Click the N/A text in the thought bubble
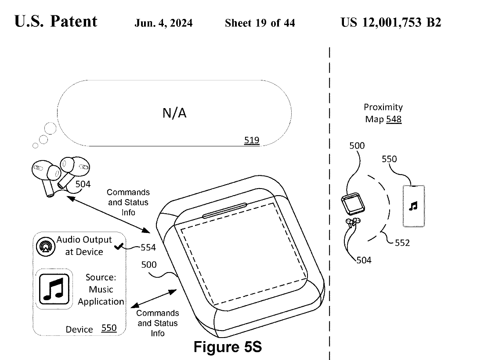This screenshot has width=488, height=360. pos(174,113)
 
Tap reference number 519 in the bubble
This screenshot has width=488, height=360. pos(252,141)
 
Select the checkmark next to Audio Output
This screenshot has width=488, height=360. pos(118,247)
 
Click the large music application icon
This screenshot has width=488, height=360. pos(54,289)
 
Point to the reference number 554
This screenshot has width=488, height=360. pos(148,247)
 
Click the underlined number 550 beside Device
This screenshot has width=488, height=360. pos(109,328)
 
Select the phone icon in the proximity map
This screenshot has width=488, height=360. pos(413,206)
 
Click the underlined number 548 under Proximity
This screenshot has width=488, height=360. pos(394,119)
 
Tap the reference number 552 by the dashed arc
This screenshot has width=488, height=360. pos(402,242)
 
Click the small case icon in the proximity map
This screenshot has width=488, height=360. pos(353,204)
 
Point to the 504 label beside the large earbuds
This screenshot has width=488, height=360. pos(83,184)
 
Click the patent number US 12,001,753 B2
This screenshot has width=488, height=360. pos(390,22)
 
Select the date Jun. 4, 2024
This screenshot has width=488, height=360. pos(163,23)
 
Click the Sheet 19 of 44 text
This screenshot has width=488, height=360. pos(260,23)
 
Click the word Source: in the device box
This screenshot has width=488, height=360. pos(101,278)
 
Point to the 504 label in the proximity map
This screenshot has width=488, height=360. pos(364,260)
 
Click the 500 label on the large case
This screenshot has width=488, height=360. pos(148,265)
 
